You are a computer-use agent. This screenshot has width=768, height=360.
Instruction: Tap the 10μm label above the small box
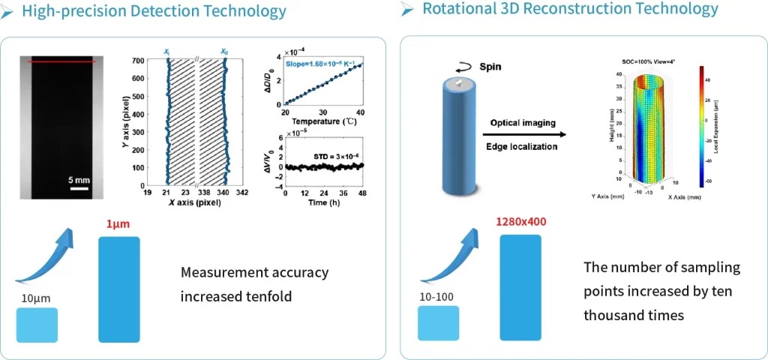36,298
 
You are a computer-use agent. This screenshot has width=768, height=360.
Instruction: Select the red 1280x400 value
521,222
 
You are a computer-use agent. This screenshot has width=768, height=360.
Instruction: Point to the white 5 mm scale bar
80,188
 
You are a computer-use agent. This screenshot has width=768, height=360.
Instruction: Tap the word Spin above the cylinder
491,66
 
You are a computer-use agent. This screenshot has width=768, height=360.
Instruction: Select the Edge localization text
521,146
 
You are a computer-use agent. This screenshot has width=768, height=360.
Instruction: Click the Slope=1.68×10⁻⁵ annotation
322,64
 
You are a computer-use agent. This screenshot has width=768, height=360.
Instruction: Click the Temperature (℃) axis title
322,121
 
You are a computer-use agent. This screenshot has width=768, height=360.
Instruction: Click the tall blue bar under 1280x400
520,288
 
